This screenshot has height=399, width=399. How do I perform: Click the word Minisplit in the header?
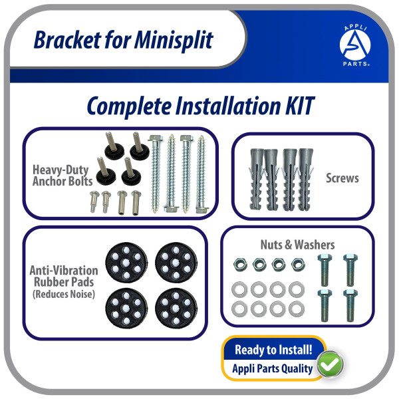(x=174, y=40)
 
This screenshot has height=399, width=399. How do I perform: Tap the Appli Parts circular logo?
(x=355, y=45)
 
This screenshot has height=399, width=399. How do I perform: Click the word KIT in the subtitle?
(x=300, y=106)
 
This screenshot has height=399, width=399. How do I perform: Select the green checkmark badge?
(x=330, y=364)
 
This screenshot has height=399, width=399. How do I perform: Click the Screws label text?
(x=342, y=178)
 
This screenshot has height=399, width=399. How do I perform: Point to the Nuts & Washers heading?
(x=297, y=245)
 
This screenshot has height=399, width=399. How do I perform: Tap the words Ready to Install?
(x=273, y=350)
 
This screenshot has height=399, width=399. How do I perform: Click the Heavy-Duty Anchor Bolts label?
(x=63, y=176)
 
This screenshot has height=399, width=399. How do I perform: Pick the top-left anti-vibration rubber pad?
(x=126, y=263)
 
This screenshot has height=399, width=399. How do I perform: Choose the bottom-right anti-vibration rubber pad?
(x=176, y=308)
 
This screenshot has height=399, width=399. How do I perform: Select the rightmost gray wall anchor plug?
(x=305, y=179)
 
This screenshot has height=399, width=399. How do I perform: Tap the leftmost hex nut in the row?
(x=240, y=265)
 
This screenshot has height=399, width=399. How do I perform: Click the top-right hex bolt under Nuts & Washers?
(x=350, y=270)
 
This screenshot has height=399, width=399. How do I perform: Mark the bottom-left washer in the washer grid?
(x=239, y=309)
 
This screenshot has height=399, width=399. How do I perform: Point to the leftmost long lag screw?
(x=156, y=174)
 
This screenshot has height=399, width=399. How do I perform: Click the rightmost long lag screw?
(x=201, y=174)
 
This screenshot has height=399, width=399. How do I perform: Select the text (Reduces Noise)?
(x=64, y=294)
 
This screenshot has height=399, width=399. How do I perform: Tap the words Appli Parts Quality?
(x=272, y=368)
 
